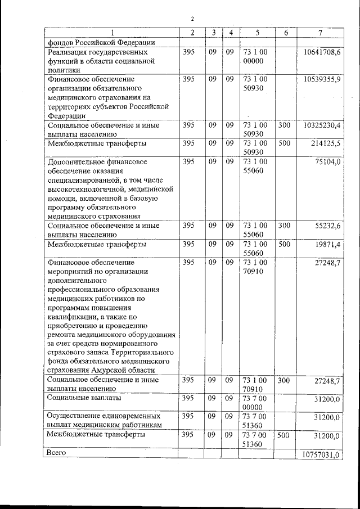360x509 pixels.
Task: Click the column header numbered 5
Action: pyautogui.click(x=256, y=33)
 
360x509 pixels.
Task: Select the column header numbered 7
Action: pyautogui.click(x=320, y=33)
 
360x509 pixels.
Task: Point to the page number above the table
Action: pyautogui.click(x=192, y=19)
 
